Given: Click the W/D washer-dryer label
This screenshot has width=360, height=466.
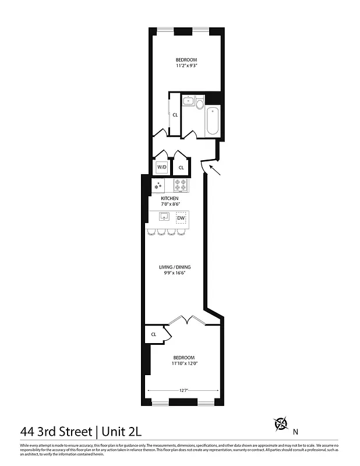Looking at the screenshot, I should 161,168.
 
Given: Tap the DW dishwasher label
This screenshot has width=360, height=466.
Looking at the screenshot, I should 181,218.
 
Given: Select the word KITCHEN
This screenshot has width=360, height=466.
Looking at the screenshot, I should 170,199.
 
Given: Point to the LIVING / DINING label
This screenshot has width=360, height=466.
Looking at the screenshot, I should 175,267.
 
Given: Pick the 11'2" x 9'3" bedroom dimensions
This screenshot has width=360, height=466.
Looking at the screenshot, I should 186,66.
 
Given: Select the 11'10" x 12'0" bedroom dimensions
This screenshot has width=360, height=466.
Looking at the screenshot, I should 183,363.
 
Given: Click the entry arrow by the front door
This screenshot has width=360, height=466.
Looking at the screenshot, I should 214,171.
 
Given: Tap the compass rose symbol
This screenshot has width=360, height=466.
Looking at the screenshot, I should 281,423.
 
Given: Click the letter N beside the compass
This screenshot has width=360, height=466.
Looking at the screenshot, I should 295,432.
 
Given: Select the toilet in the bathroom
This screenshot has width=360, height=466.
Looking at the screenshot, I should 200,104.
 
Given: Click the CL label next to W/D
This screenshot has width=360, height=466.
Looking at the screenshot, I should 181,168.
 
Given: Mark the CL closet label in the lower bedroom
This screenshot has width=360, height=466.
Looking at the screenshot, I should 154,334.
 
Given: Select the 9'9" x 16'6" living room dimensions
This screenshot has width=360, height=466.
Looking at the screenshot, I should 175,273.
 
